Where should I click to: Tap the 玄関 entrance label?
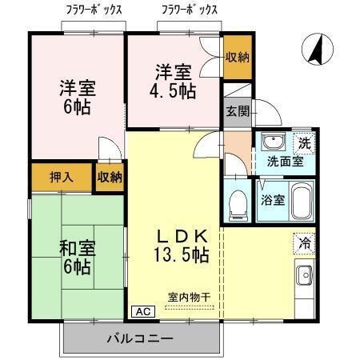(x=235, y=111)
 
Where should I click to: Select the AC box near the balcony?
(x=141, y=311)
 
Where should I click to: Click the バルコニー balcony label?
(x=141, y=339)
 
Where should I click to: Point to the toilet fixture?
(x=237, y=204)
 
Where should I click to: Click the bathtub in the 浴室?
(x=300, y=201)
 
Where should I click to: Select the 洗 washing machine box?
(x=303, y=143)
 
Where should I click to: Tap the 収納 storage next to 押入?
(x=110, y=177)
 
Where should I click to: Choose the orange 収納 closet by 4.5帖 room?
(x=237, y=57)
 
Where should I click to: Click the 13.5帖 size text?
(x=182, y=256)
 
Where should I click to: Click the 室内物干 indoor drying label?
(x=189, y=297)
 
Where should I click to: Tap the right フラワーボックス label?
(x=190, y=10)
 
